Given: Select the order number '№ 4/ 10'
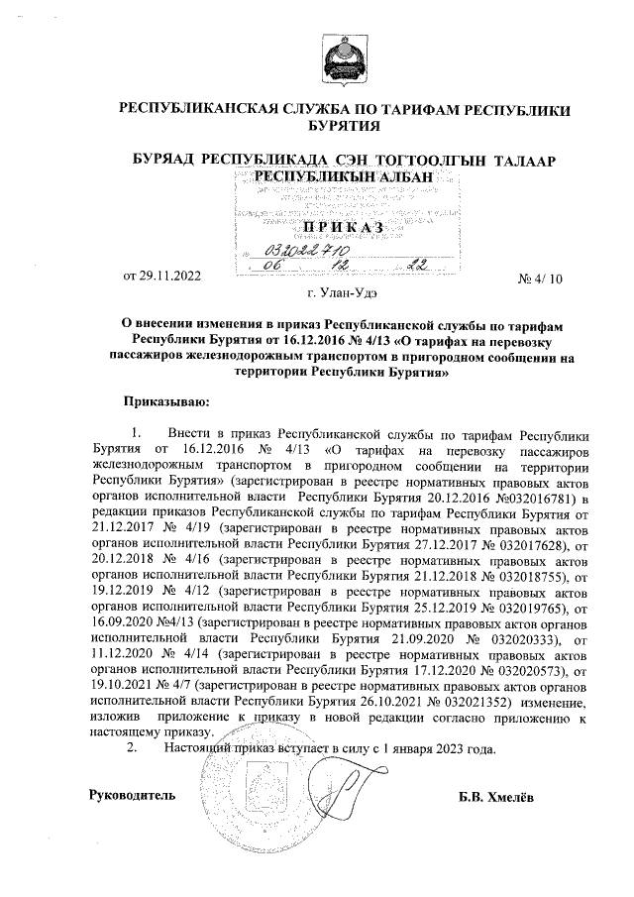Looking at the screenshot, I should click(540, 280).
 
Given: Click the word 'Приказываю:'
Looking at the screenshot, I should click(164, 402).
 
